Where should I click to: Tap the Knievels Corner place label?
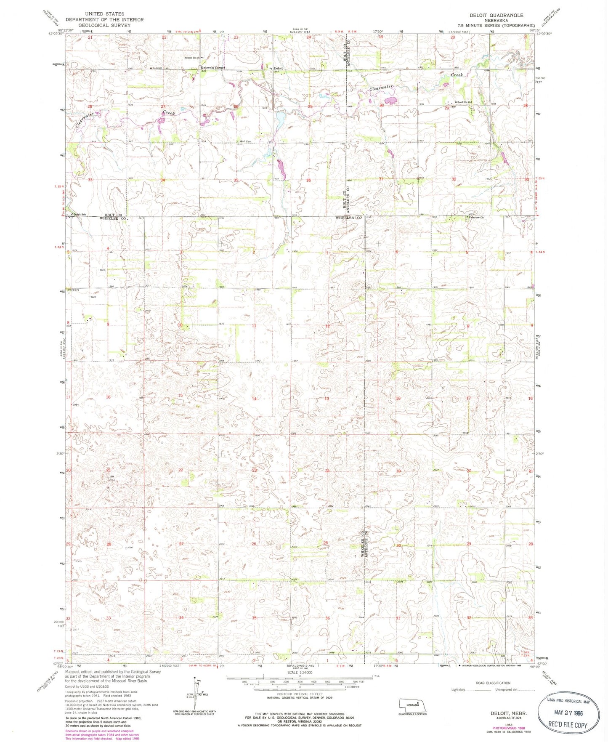click(x=213, y=68)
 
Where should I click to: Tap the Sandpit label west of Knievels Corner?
click(x=157, y=68)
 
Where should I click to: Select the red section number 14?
click(x=254, y=399)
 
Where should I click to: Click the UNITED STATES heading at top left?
click(x=104, y=14)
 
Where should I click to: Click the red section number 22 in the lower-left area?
click(x=181, y=470)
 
